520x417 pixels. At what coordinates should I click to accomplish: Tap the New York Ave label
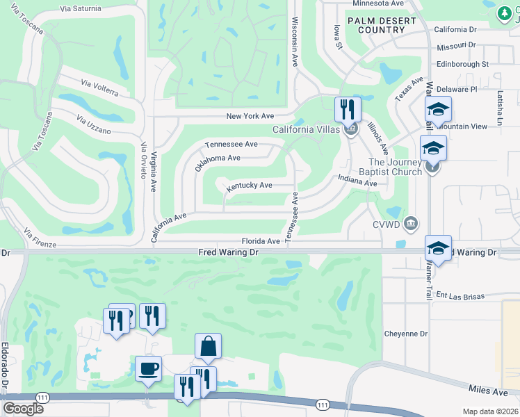click(x=250, y=116)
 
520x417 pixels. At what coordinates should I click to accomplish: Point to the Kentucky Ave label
click(x=249, y=186)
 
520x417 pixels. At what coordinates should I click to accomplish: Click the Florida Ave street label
click(x=261, y=241)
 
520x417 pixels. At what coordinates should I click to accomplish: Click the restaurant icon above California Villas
click(x=347, y=109)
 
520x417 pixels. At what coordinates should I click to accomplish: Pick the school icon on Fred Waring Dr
click(x=438, y=248)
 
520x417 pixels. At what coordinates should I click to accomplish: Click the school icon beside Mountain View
click(x=438, y=109)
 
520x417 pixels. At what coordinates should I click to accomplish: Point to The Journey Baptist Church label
click(x=395, y=167)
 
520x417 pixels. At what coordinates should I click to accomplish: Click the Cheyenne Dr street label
click(x=406, y=334)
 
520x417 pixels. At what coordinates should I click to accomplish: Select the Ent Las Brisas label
click(x=460, y=295)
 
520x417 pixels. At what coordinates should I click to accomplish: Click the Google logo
click(x=23, y=408)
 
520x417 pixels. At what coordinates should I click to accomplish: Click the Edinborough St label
click(x=463, y=64)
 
